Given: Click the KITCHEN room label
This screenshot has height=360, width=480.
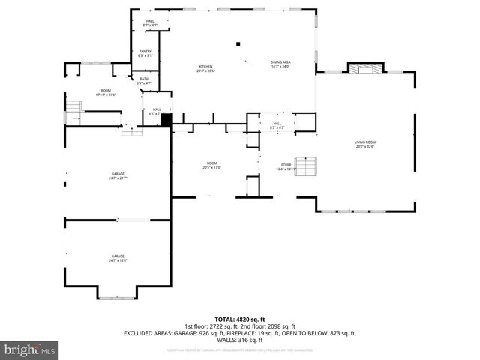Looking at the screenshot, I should [205, 68].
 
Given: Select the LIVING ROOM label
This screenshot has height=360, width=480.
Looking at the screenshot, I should [365, 144].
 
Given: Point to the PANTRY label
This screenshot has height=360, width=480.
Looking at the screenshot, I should [145, 53].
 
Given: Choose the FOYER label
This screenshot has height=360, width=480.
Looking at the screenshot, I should [286, 167].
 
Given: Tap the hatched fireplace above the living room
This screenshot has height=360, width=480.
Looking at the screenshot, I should [364, 69].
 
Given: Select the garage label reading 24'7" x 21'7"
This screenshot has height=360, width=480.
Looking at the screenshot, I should [118, 175].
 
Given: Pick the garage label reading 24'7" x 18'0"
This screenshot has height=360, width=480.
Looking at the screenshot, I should [118, 258].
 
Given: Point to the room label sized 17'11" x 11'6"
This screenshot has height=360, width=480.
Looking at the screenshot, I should [106, 93].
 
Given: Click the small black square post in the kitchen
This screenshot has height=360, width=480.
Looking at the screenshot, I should [238, 43].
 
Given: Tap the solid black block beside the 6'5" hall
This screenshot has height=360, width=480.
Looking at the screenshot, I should [166, 118].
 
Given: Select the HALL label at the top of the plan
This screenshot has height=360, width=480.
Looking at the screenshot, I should [150, 22].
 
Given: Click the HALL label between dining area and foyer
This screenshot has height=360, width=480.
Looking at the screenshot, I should [277, 125].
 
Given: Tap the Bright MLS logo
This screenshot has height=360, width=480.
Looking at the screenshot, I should [29, 349].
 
